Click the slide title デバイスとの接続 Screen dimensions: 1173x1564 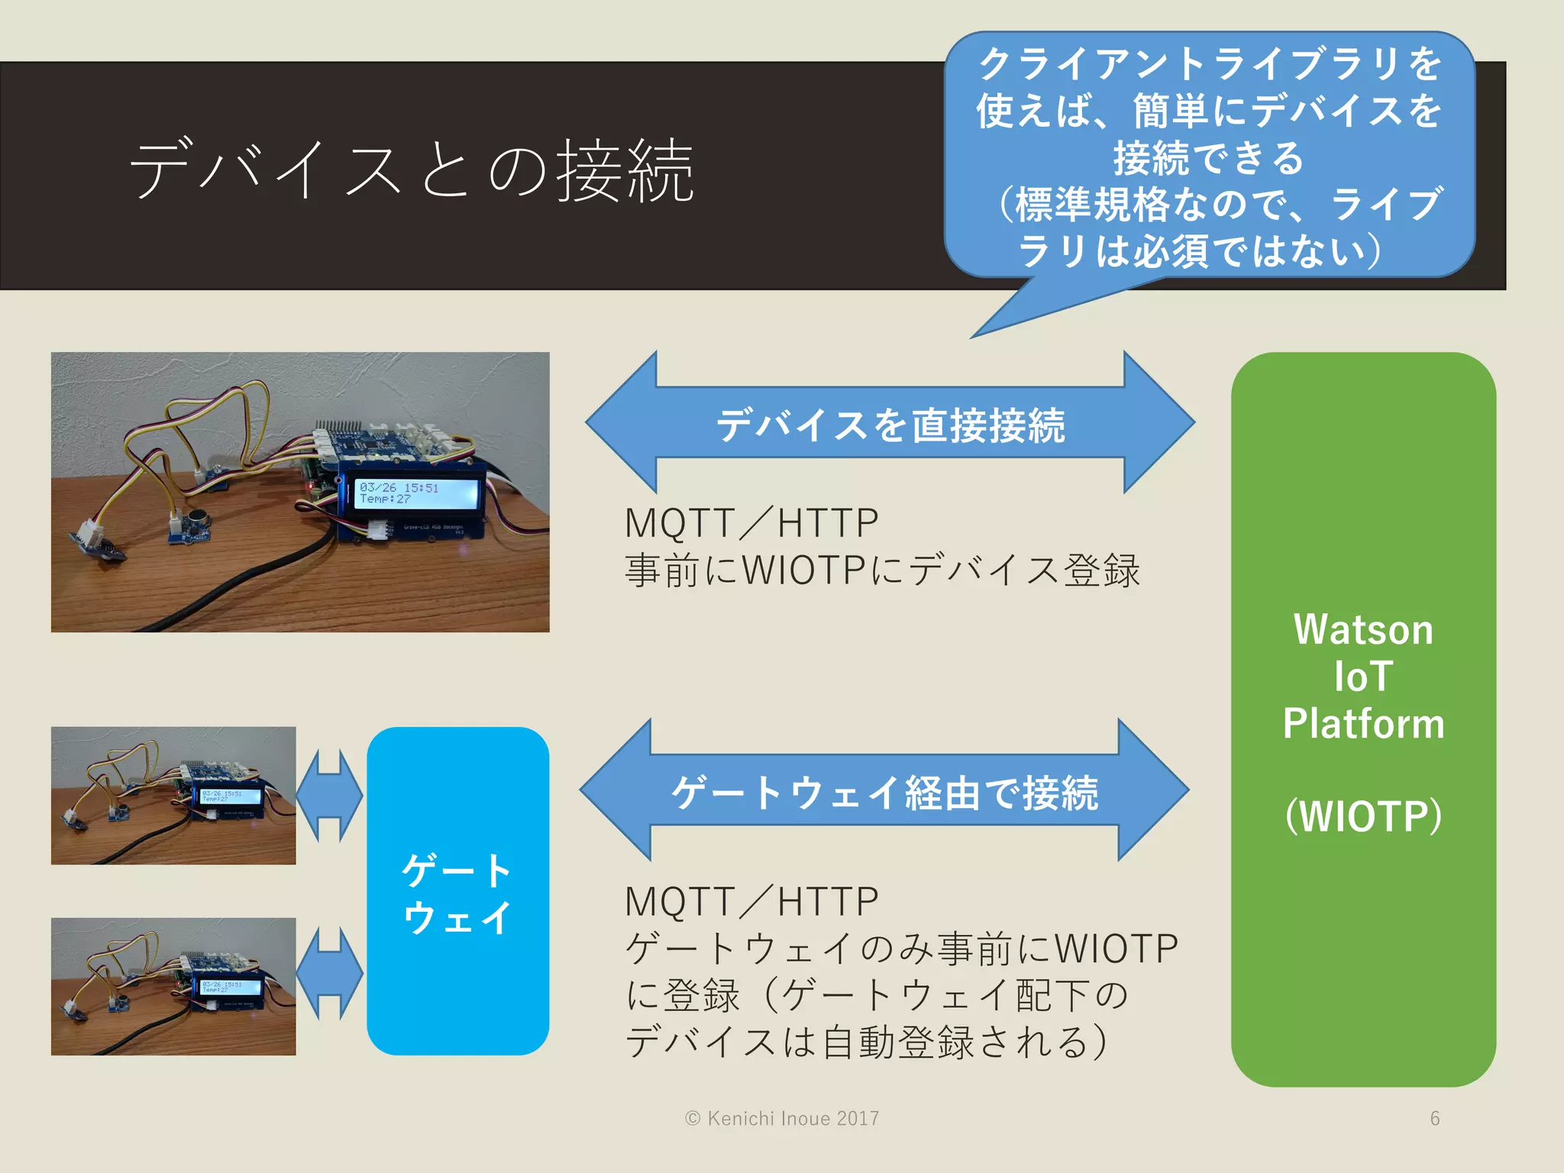pyautogui.click(x=411, y=171)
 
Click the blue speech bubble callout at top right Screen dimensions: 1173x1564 pyautogui.click(x=1209, y=157)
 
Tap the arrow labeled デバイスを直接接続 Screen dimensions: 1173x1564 pyautogui.click(x=890, y=424)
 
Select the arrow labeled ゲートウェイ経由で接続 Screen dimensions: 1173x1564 pyautogui.click(x=884, y=792)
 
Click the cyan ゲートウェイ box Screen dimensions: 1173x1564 pyautogui.click(x=457, y=892)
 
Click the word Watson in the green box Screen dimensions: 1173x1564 pyautogui.click(x=1363, y=631)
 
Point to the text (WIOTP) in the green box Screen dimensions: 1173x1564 pyautogui.click(x=1363, y=816)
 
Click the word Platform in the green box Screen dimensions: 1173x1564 pyautogui.click(x=1363, y=724)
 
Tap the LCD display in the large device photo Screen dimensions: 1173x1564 pyautogui.click(x=418, y=493)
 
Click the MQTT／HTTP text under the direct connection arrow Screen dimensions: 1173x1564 pyautogui.click(x=751, y=524)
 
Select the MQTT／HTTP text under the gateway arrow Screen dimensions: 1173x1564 pyautogui.click(x=751, y=902)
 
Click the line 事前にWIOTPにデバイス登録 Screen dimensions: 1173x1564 pyautogui.click(x=882, y=570)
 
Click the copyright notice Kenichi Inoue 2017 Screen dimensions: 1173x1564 pyautogui.click(x=782, y=1119)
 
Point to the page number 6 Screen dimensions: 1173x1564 pyautogui.click(x=1435, y=1119)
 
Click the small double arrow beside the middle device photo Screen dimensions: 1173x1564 pyautogui.click(x=329, y=796)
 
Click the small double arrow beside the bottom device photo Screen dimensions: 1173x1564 pyautogui.click(x=329, y=974)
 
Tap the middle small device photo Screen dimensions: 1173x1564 pyautogui.click(x=173, y=796)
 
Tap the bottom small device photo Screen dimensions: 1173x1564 pyautogui.click(x=173, y=987)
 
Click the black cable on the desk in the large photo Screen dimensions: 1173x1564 pyautogui.click(x=252, y=581)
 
